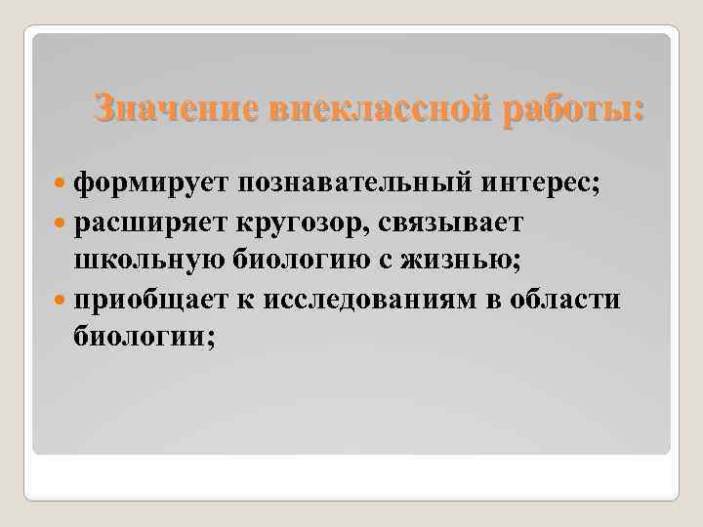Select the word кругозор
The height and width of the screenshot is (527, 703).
[x=310, y=223]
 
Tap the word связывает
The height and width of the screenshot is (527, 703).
[x=462, y=223]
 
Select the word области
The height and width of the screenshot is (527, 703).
[x=566, y=299]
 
